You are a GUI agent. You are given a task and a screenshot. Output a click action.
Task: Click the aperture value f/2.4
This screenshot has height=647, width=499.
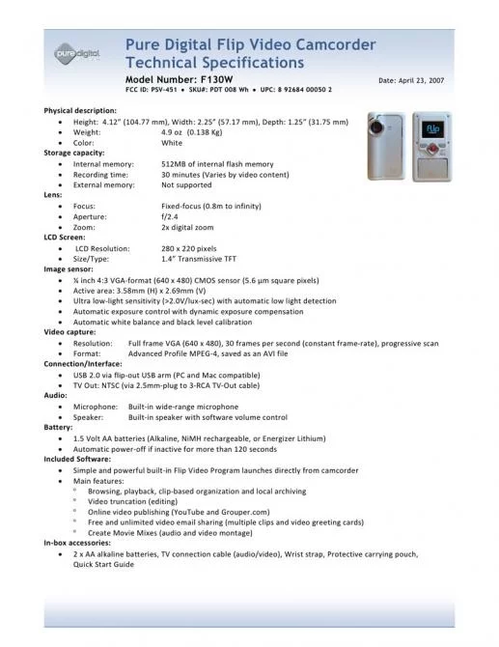(x=171, y=215)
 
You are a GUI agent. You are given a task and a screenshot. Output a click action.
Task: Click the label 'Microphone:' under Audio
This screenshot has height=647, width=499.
(x=96, y=407)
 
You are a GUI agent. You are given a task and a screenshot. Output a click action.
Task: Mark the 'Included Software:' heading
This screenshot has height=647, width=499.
(x=78, y=459)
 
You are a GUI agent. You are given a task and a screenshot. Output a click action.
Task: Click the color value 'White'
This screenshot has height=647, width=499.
(x=172, y=142)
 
